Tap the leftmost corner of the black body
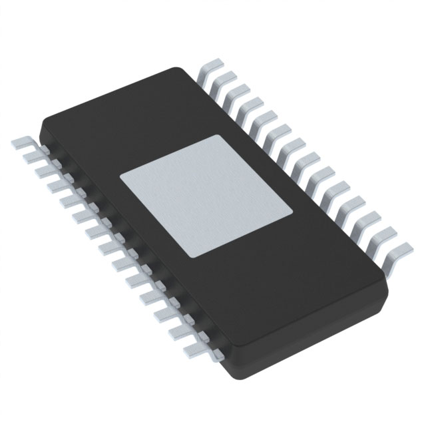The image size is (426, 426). coord(42,120)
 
